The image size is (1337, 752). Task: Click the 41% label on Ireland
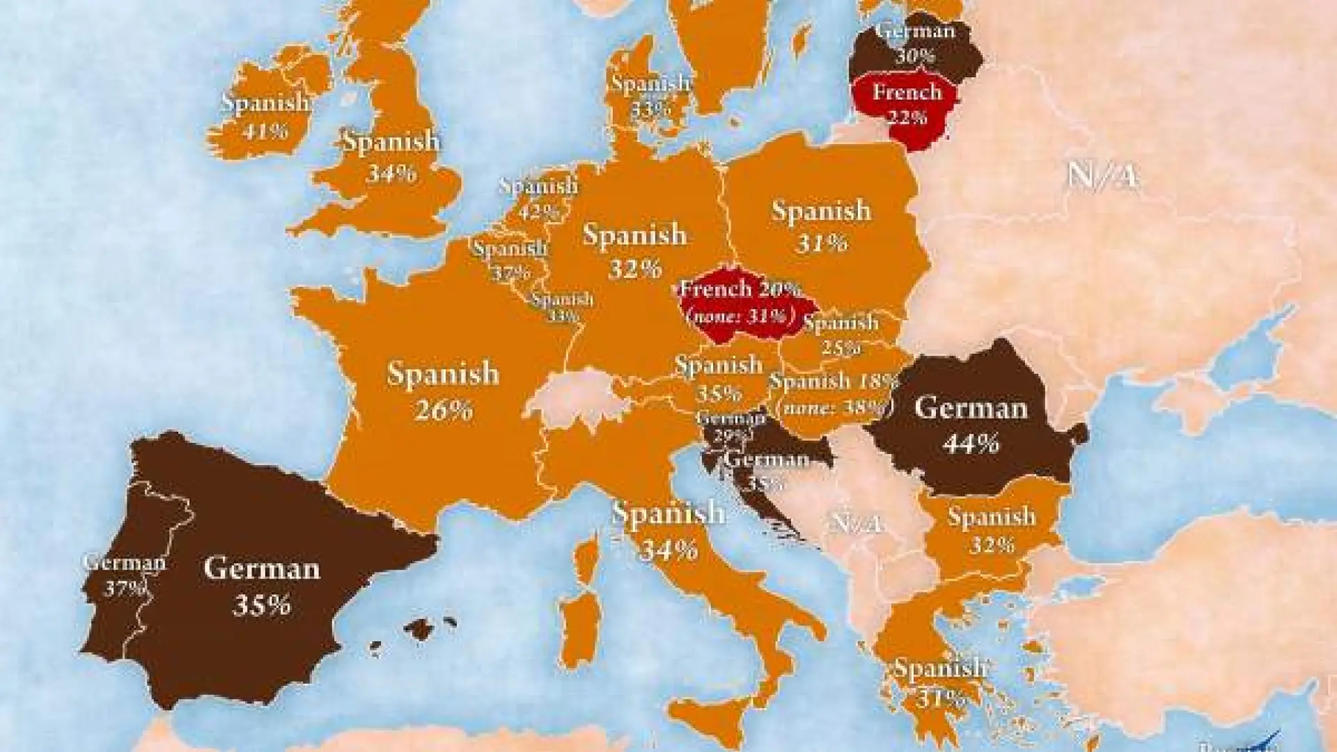pos(264,130)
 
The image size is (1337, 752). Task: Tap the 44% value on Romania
pos(971,443)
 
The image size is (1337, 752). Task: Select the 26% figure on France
pos(444,410)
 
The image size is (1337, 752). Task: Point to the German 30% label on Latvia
pos(915,42)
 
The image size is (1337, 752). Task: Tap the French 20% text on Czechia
pos(740,289)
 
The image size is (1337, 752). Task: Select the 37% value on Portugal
pos(124,589)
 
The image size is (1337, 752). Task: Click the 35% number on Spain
pos(261,605)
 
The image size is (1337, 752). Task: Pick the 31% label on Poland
pos(821,243)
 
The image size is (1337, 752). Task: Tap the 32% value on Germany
pos(634,268)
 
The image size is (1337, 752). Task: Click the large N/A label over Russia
pos(1102,176)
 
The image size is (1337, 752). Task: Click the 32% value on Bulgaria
pos(991,544)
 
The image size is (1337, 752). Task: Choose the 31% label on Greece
pos(940,697)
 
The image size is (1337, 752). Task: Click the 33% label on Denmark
pos(650,109)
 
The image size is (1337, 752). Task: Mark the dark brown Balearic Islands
pos(420,629)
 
